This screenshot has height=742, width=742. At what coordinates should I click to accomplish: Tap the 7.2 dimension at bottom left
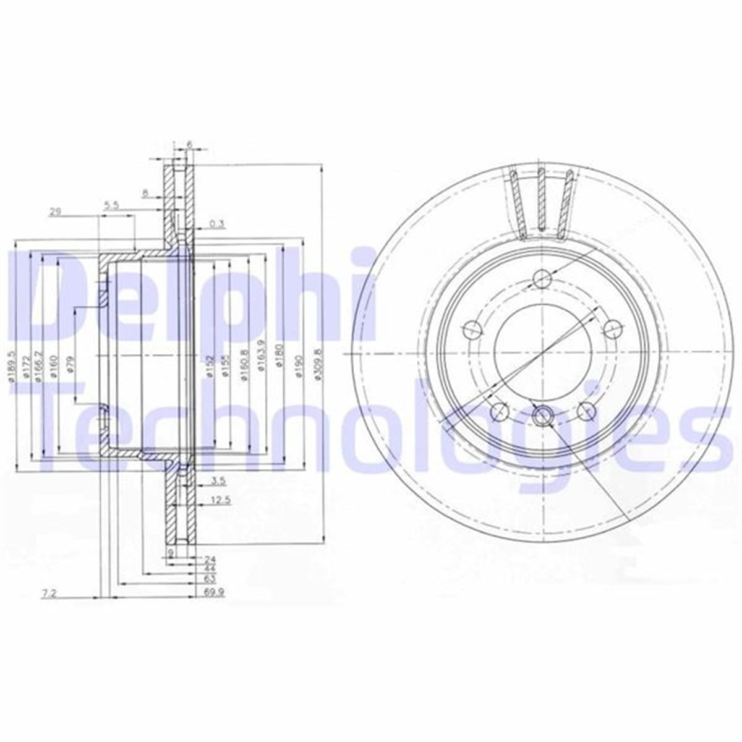click(x=49, y=594)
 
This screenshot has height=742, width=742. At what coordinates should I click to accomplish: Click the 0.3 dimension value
click(x=216, y=223)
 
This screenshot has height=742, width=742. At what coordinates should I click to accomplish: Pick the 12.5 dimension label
click(x=220, y=500)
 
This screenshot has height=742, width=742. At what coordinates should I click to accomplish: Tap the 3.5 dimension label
click(x=218, y=480)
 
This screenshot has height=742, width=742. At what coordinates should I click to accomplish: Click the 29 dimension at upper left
click(x=55, y=211)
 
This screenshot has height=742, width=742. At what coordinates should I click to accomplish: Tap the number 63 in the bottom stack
click(x=209, y=579)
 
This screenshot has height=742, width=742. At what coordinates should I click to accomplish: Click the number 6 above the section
click(x=189, y=144)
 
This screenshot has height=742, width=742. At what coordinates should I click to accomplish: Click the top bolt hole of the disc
click(x=542, y=278)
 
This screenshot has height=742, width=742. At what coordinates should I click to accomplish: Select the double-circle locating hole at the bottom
click(x=542, y=413)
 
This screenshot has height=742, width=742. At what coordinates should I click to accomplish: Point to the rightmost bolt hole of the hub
click(x=613, y=328)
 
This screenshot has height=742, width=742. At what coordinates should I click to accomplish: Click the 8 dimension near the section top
click(x=145, y=194)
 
